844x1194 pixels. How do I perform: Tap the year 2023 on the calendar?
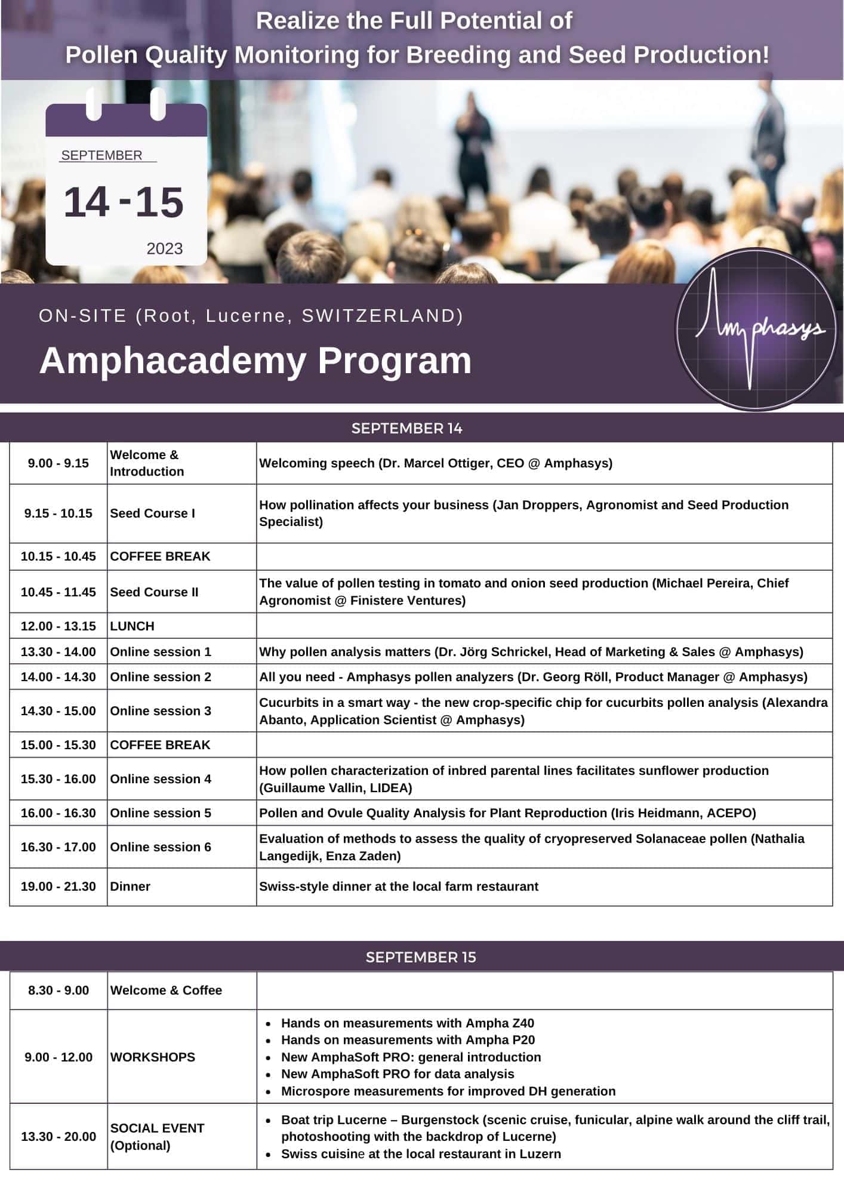click(165, 248)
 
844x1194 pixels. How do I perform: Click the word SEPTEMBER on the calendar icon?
click(101, 155)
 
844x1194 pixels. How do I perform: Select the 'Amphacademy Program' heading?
click(255, 361)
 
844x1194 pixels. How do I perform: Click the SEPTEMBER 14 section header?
click(406, 428)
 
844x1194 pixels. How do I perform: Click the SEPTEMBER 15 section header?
click(421, 957)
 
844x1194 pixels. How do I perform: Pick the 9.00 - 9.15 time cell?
click(58, 463)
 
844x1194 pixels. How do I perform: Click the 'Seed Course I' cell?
click(153, 513)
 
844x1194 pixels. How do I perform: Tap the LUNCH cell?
click(133, 626)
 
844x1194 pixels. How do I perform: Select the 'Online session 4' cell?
click(161, 779)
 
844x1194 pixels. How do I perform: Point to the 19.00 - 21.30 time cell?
click(58, 887)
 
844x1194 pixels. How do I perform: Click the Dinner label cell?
click(130, 887)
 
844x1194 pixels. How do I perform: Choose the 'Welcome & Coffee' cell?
click(166, 990)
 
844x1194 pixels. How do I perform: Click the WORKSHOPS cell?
click(153, 1057)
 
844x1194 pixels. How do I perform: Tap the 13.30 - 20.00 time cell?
click(58, 1137)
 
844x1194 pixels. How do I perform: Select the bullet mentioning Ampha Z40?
click(407, 1023)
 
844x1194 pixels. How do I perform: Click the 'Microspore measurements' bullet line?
click(448, 1091)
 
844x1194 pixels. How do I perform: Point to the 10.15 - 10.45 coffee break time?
click(58, 556)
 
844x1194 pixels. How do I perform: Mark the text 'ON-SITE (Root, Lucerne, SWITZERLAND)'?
click(251, 316)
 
